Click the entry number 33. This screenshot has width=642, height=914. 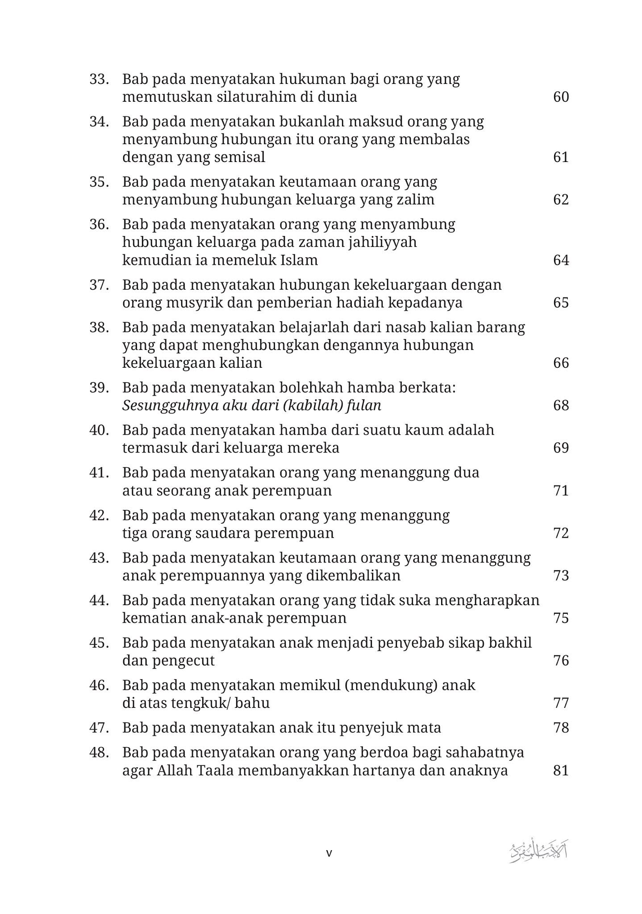click(99, 79)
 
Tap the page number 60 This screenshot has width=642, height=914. click(561, 97)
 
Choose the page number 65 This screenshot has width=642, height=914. click(561, 303)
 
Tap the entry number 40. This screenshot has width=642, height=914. click(99, 430)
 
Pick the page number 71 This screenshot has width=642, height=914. click(561, 491)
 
